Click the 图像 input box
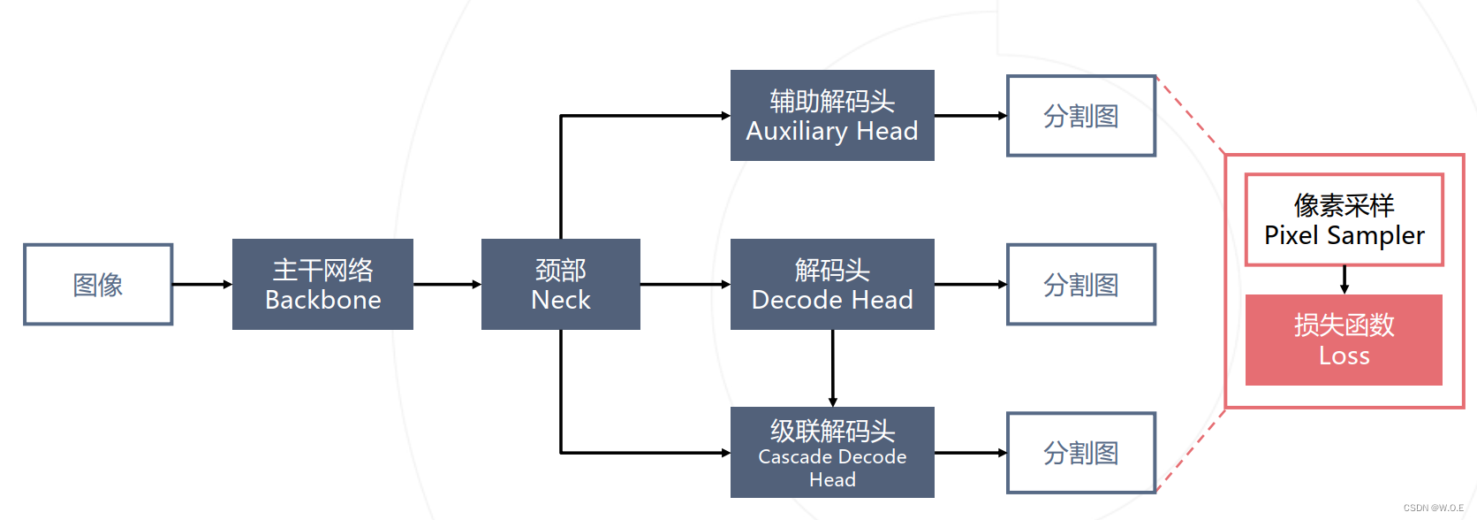point(98,285)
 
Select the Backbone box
point(322,285)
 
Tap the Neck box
point(560,285)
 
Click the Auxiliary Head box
point(832,116)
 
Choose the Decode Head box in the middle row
point(832,285)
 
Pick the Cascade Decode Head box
point(832,453)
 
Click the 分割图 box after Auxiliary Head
point(1081,116)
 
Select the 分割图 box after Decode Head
point(1081,285)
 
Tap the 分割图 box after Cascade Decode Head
point(1081,453)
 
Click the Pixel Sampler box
point(1344,220)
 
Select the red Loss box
point(1344,340)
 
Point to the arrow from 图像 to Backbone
point(201,285)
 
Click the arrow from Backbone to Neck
point(447,285)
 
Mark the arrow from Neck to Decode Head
point(685,285)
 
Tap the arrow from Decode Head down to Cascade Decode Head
point(832,368)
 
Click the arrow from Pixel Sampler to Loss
point(1344,279)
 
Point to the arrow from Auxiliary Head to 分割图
point(970,116)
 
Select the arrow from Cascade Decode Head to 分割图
point(970,453)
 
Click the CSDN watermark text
point(1433,509)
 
